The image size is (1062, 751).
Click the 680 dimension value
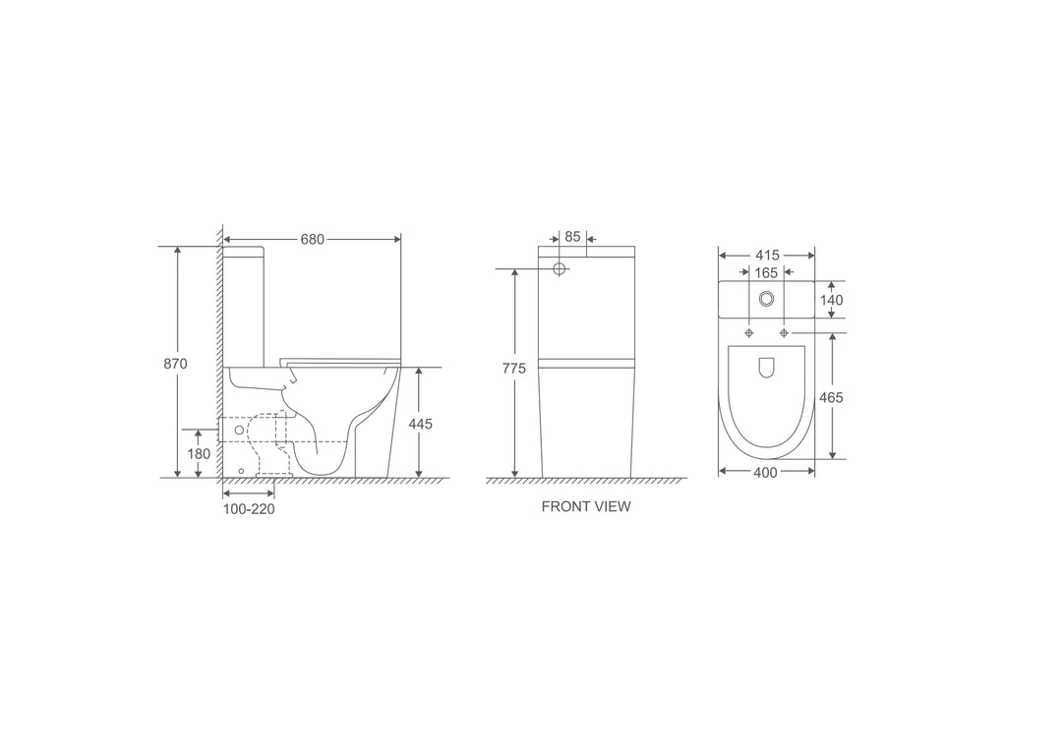tap(313, 239)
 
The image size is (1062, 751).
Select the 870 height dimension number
tap(175, 364)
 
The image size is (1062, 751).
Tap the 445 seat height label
tap(421, 424)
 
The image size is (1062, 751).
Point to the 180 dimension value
tap(199, 454)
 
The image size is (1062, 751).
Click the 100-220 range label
tap(249, 509)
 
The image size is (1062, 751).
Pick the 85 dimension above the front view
tap(572, 236)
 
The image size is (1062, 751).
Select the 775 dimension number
tap(514, 369)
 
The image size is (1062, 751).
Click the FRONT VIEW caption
tap(586, 506)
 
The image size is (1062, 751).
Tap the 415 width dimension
tap(767, 256)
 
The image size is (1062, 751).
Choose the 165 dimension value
tap(766, 273)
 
